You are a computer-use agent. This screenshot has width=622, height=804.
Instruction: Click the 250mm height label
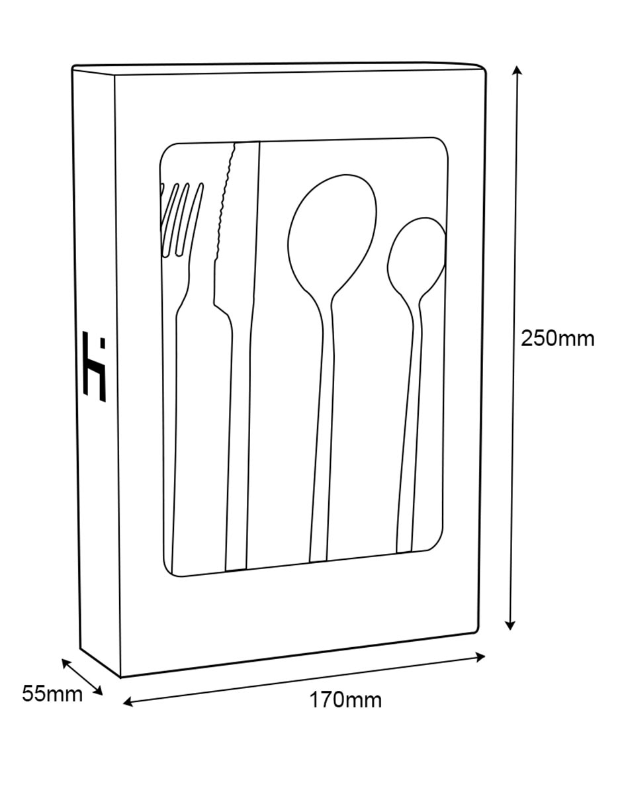pos(557,339)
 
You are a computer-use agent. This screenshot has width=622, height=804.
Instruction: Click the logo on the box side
pos(95,367)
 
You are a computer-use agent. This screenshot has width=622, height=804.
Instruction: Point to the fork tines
pos(182,218)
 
